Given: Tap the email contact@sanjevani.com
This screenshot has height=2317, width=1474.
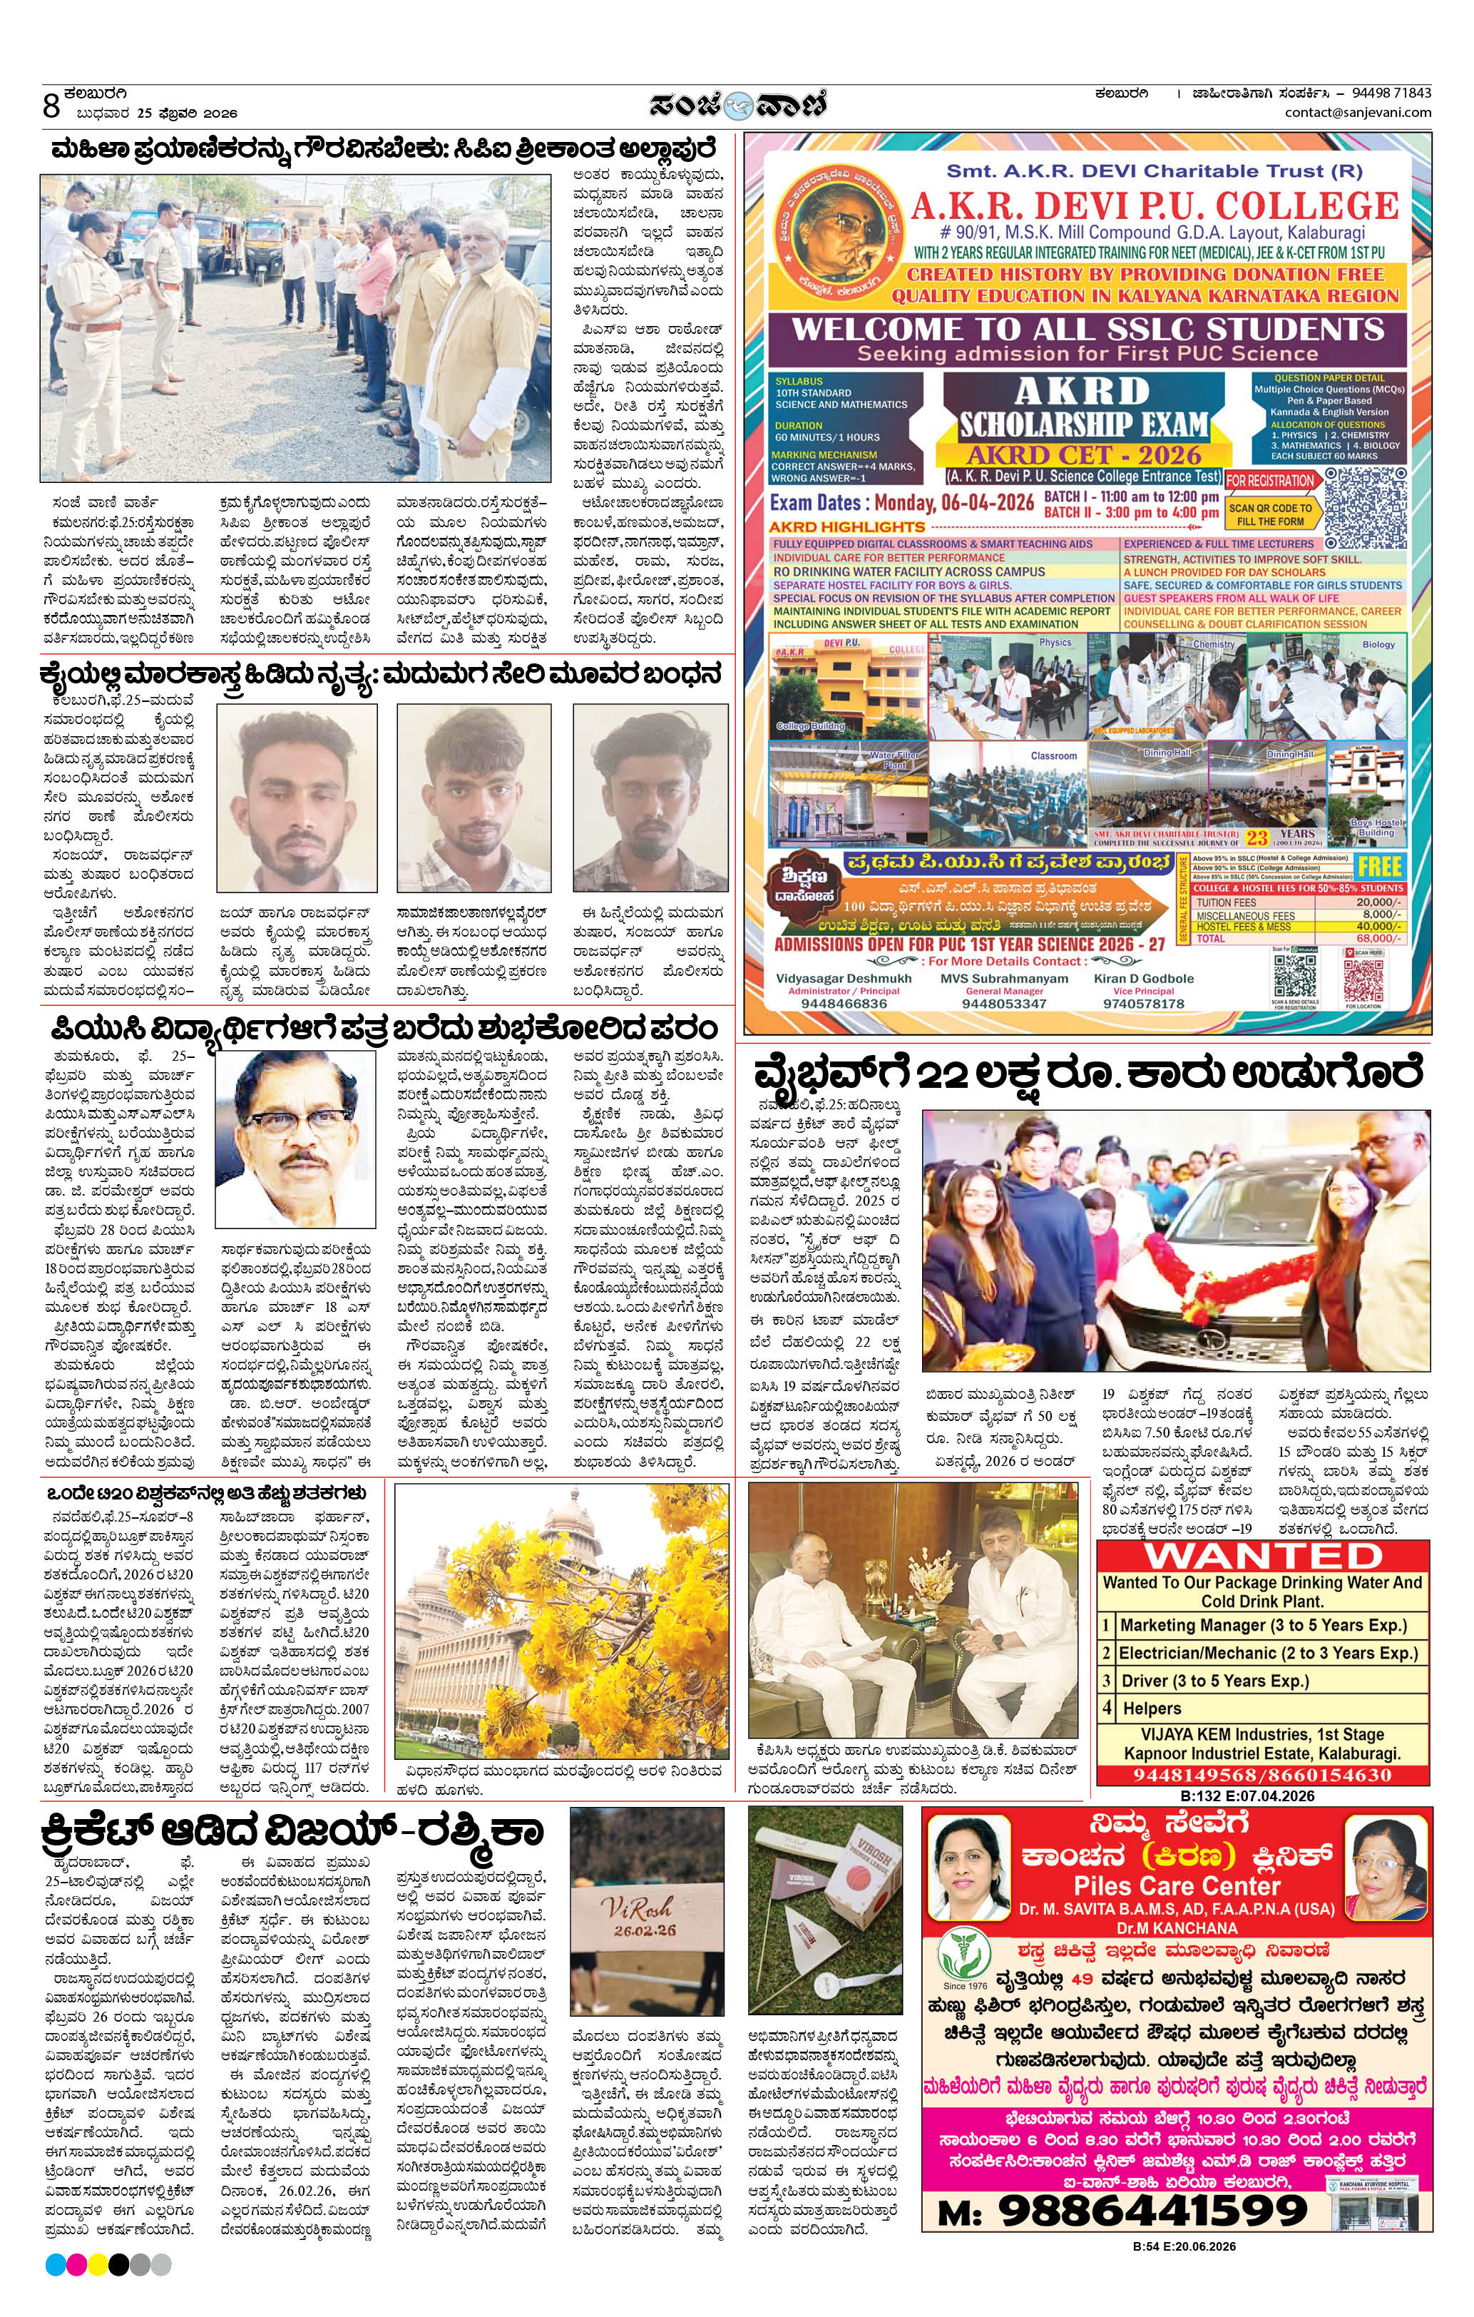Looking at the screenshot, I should click(1358, 113).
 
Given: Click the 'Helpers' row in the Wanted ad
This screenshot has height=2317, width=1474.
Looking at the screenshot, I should click(1152, 1709).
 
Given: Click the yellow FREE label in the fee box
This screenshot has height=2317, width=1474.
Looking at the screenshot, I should click(1378, 867).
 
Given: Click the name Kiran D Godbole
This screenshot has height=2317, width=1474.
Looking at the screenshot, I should click(1143, 979).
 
